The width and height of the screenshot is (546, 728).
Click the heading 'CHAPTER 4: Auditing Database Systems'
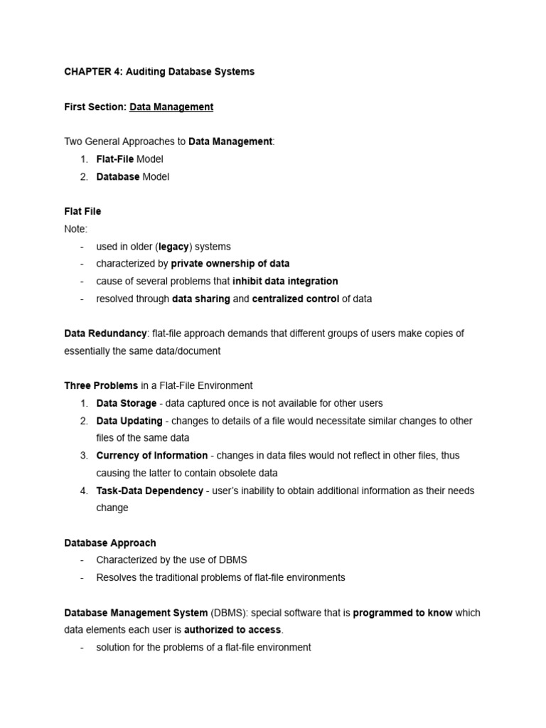point(159,72)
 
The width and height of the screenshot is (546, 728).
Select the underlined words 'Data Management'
point(171,107)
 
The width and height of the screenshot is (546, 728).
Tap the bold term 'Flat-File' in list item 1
point(115,159)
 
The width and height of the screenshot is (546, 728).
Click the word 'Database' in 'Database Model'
point(118,176)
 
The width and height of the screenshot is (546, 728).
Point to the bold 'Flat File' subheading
point(82,211)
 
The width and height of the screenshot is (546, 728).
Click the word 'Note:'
point(76,229)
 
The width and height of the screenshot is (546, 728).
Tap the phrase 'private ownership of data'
point(230,264)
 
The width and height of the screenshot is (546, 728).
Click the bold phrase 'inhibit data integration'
point(285,282)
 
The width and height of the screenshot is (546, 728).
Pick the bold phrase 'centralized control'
point(295,299)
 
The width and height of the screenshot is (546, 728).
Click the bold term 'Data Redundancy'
point(105,333)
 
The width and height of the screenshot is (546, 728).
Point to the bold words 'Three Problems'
point(101,385)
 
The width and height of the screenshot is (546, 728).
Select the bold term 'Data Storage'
point(127,403)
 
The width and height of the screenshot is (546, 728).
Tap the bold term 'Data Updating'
point(129,421)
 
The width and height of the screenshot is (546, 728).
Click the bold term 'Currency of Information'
point(152,456)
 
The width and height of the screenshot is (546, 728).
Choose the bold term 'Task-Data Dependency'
point(149,491)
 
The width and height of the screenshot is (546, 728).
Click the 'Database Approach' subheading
point(110,542)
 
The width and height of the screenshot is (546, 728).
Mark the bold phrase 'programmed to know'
point(402,612)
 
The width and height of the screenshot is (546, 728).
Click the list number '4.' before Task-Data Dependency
point(84,491)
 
